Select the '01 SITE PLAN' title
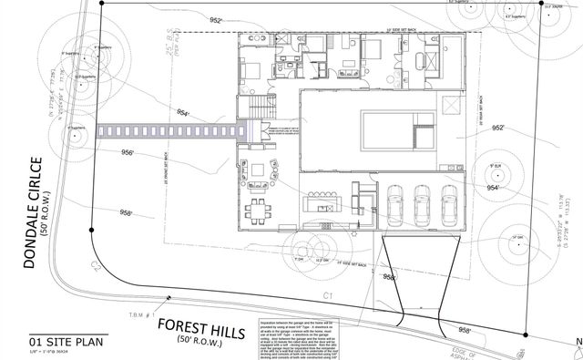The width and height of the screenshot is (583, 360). pyautogui.click(x=46, y=342)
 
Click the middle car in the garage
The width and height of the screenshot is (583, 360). pyautogui.click(x=423, y=206)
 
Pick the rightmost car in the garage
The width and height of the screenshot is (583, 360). pyautogui.click(x=448, y=206)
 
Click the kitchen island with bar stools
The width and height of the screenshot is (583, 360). pyautogui.click(x=326, y=198)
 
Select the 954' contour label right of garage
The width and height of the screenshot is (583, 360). pyautogui.click(x=493, y=187)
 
